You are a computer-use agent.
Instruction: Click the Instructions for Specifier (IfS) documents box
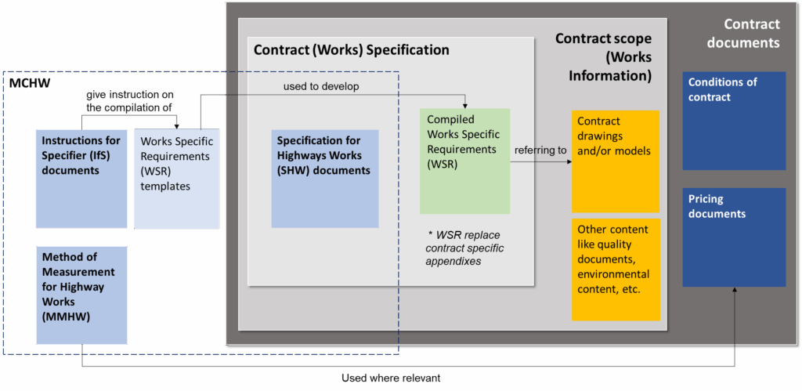click(x=81, y=179)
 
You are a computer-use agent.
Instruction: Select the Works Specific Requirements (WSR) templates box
click(x=176, y=179)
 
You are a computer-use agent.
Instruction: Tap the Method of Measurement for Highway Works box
click(x=81, y=295)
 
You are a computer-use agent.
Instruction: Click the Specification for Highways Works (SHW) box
click(x=325, y=179)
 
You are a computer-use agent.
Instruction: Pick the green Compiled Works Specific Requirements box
click(x=464, y=161)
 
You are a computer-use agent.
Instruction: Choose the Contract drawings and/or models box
click(x=615, y=161)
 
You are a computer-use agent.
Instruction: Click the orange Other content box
click(x=615, y=270)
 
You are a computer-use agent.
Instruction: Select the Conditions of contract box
click(x=734, y=121)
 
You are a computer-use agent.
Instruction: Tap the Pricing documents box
click(x=734, y=237)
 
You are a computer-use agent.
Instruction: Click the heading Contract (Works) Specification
click(x=352, y=50)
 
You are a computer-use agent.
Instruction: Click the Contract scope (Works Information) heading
click(x=603, y=57)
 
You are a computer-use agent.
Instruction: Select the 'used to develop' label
click(x=321, y=86)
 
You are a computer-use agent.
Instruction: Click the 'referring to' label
click(x=540, y=150)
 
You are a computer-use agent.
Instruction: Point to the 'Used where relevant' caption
click(x=391, y=378)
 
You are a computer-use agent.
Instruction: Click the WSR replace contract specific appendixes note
click(x=464, y=248)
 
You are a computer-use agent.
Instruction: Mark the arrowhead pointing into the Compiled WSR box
click(x=465, y=105)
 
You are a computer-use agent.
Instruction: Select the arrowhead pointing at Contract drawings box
click(x=567, y=162)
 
